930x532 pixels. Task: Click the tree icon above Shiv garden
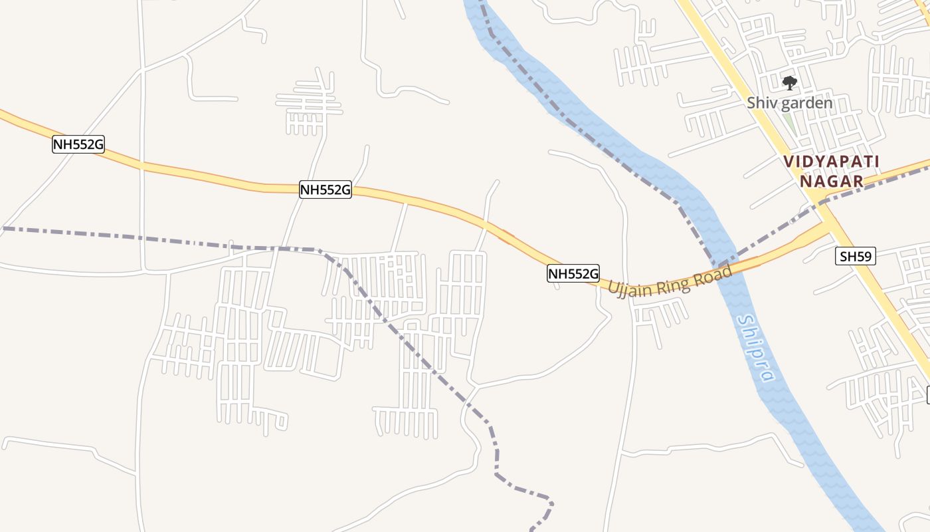[789, 83]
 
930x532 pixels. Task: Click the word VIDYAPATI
[832, 162]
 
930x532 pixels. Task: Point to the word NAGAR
[832, 181]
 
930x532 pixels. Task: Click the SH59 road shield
[856, 256]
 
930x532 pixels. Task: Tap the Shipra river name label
[756, 348]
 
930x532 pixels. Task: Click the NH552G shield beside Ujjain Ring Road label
[573, 273]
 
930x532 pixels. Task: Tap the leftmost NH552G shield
[78, 144]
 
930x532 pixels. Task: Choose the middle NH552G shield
[325, 190]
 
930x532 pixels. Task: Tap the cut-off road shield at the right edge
[928, 395]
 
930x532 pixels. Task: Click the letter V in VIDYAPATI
[789, 162]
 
